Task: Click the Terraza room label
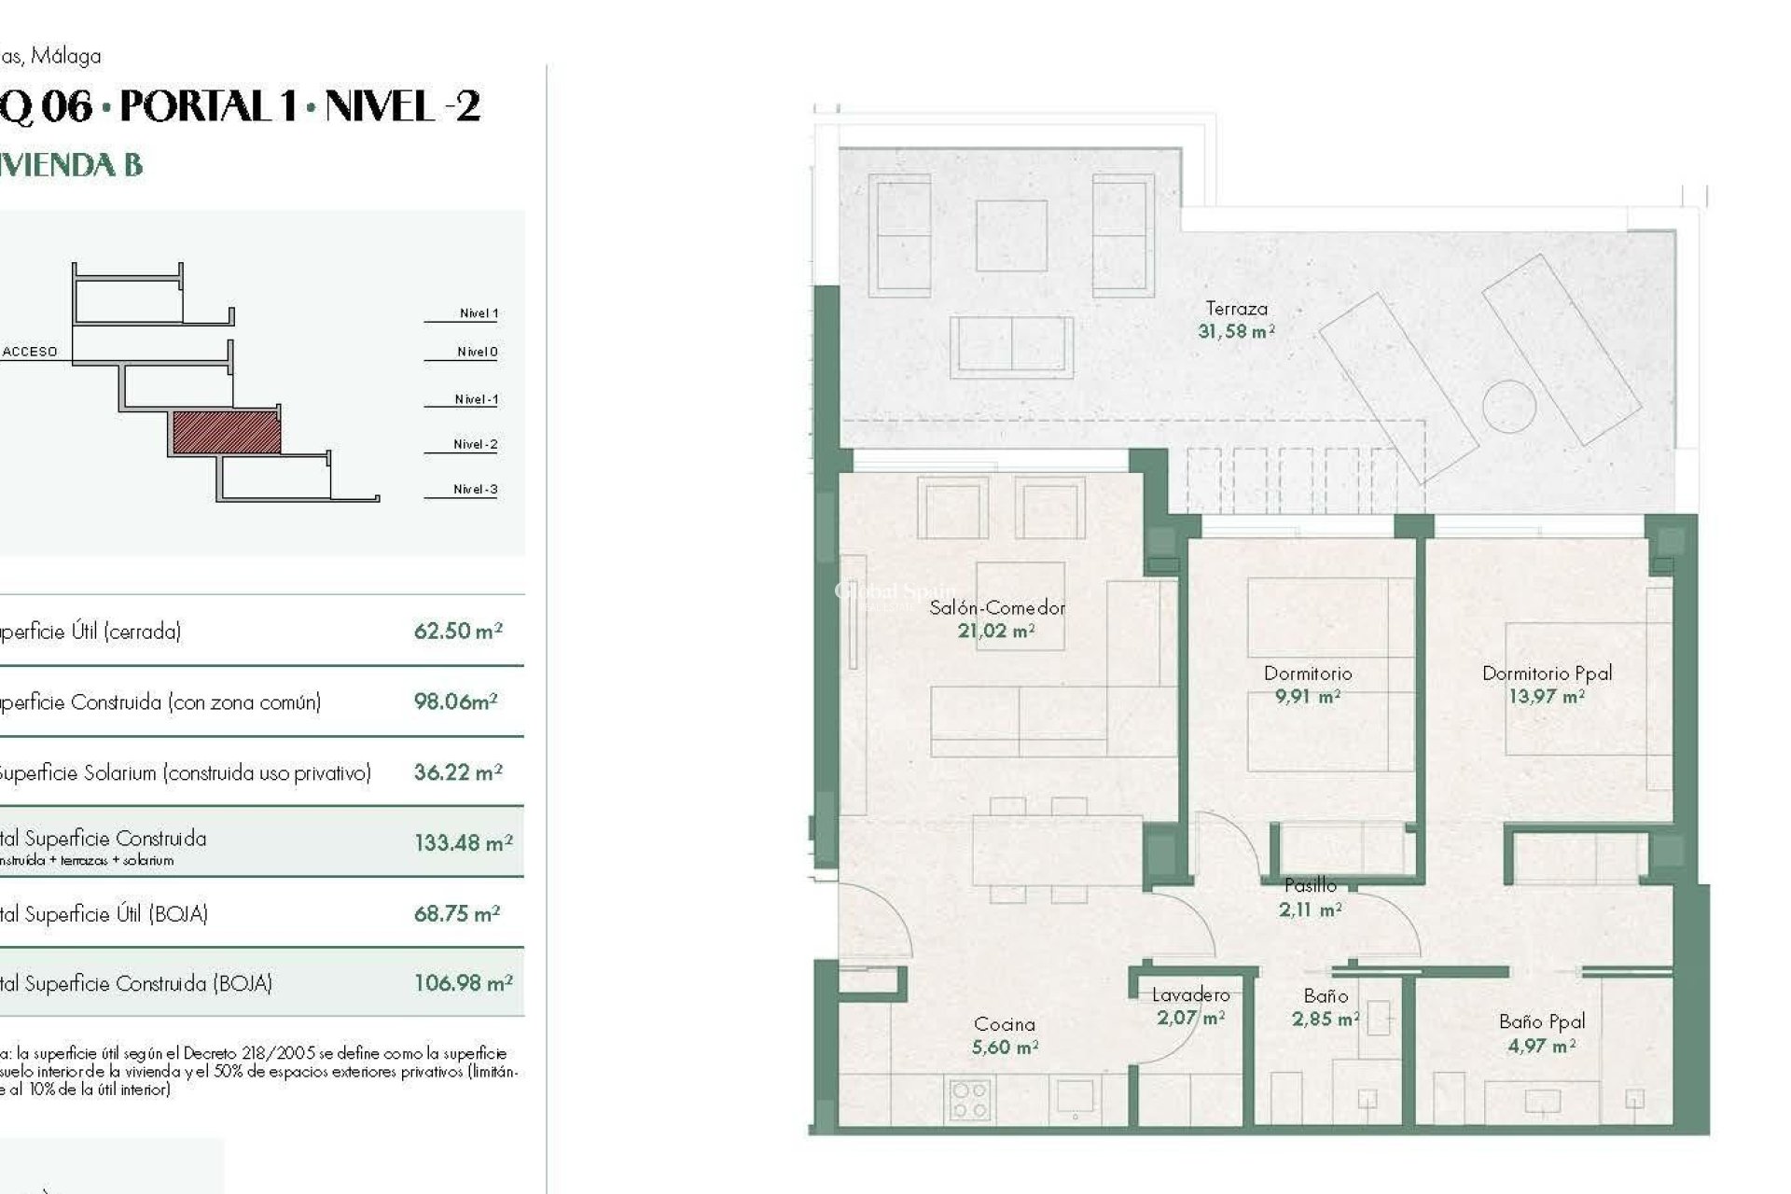pyautogui.click(x=1236, y=308)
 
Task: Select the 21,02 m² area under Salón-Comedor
pyautogui.click(x=996, y=632)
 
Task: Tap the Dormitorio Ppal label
pyautogui.click(x=1547, y=673)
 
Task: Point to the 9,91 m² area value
pyautogui.click(x=1307, y=697)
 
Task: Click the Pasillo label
pyautogui.click(x=1310, y=885)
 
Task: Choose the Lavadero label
pyautogui.click(x=1190, y=995)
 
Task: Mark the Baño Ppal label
pyautogui.click(x=1542, y=1021)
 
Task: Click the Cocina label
pyautogui.click(x=1004, y=1024)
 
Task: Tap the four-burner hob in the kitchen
pyautogui.click(x=969, y=1101)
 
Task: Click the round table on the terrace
pyautogui.click(x=1508, y=406)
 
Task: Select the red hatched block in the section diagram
pyautogui.click(x=227, y=433)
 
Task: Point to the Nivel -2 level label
pyautogui.click(x=475, y=445)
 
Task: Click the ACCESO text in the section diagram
pyautogui.click(x=30, y=352)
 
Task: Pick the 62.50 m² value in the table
pyautogui.click(x=458, y=632)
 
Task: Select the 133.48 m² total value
pyautogui.click(x=463, y=843)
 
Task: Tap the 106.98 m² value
pyautogui.click(x=463, y=983)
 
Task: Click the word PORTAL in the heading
pyautogui.click(x=207, y=106)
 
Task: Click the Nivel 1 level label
pyautogui.click(x=479, y=313)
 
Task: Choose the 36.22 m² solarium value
pyautogui.click(x=458, y=772)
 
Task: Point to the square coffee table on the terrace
pyautogui.click(x=1011, y=236)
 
